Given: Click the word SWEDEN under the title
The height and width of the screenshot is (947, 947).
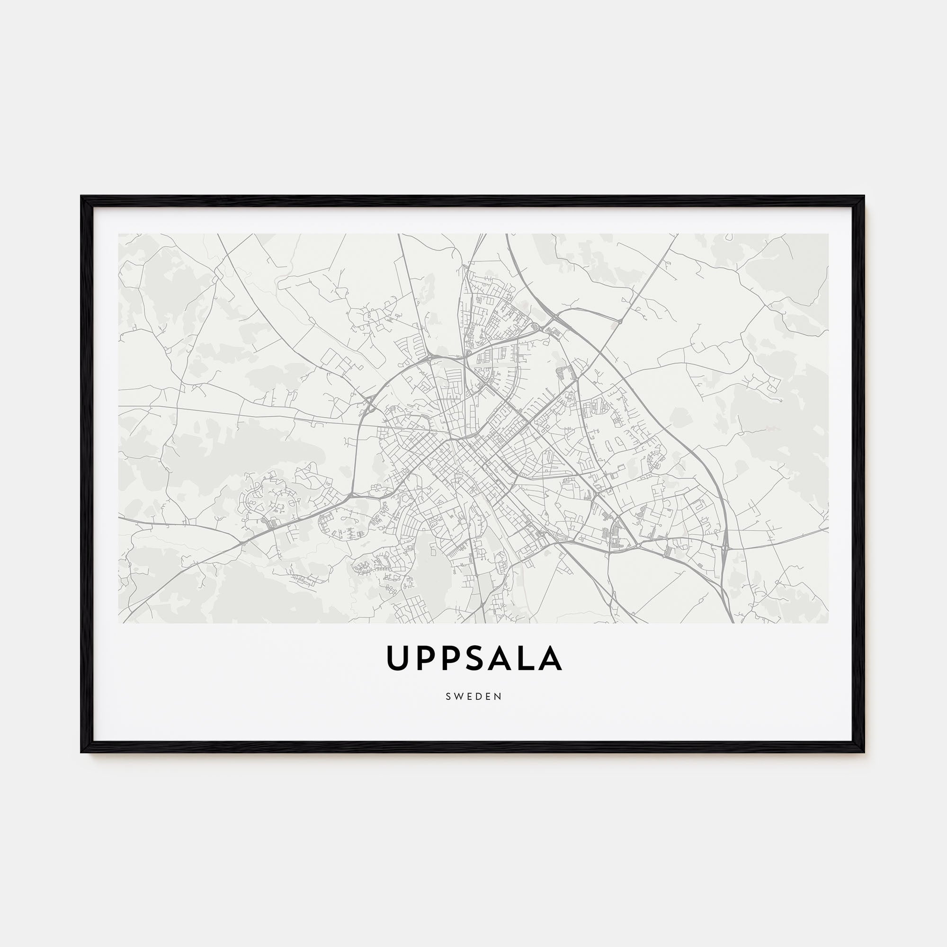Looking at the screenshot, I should [473, 697].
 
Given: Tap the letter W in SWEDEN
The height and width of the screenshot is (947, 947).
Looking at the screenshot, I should [457, 697].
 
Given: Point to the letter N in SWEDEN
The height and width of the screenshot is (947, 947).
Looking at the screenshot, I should [499, 697].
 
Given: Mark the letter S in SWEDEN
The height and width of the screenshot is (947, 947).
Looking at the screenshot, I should [448, 697].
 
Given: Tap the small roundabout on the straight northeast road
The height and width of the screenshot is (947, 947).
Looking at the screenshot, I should [619, 322].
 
